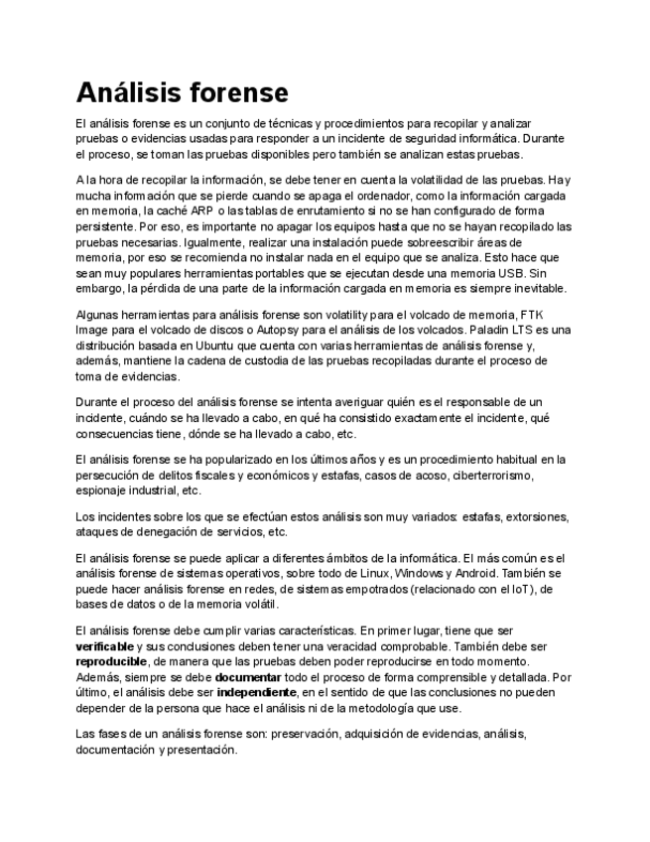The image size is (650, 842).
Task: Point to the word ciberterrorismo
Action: click(490, 476)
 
